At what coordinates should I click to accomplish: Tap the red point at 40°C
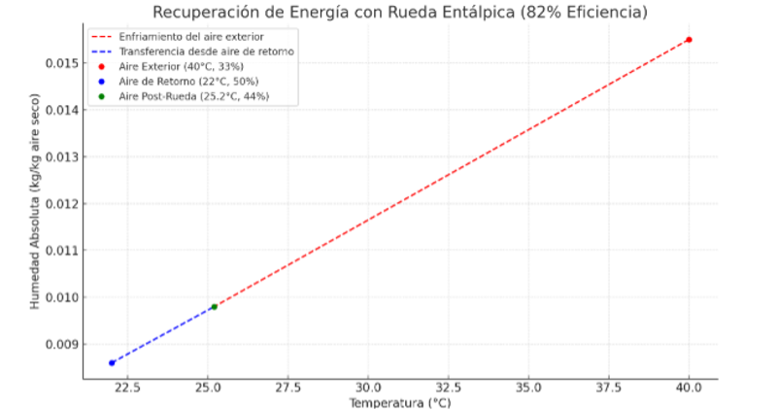click(689, 40)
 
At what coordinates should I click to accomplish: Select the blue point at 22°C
click(112, 362)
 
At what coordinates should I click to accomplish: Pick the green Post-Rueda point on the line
click(214, 307)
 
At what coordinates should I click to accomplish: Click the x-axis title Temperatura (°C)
click(400, 402)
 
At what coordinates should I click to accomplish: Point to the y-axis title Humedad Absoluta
click(35, 208)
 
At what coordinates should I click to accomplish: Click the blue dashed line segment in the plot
click(162, 335)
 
